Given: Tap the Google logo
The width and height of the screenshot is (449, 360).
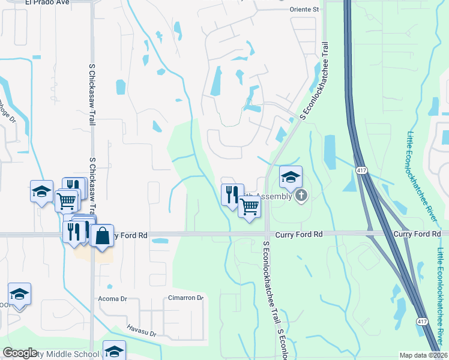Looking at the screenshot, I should coord(20,353).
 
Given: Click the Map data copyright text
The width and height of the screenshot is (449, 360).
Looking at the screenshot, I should coord(424,355).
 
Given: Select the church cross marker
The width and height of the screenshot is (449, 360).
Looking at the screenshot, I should coord(301,196).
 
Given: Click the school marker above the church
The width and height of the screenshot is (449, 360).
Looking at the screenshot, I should coord(291,178).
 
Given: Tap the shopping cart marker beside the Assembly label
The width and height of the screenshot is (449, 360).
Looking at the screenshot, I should coord(249,207).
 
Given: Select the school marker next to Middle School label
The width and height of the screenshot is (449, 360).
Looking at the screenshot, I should coord(113,351).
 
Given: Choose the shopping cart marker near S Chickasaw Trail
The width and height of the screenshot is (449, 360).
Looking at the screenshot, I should coord(66,200).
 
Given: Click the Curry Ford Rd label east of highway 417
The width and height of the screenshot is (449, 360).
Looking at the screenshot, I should coord(417,233).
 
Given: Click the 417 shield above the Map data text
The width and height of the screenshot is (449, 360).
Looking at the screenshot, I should coord(423,322).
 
